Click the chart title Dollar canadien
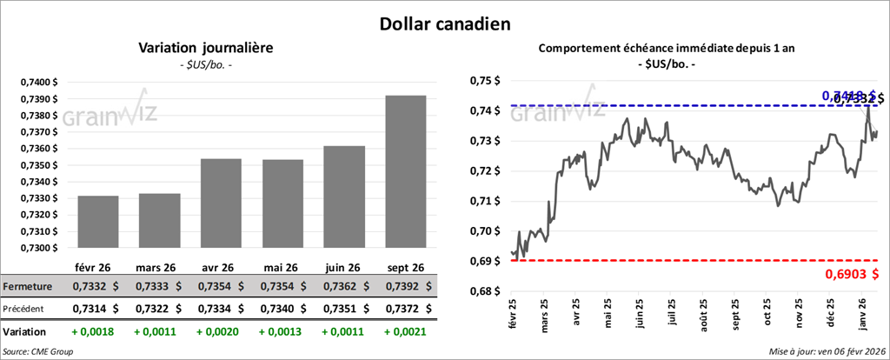pyautogui.click(x=444, y=23)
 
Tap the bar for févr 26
pyautogui.click(x=97, y=222)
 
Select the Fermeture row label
pyautogui.click(x=29, y=286)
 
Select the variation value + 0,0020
pyautogui.click(x=218, y=331)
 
